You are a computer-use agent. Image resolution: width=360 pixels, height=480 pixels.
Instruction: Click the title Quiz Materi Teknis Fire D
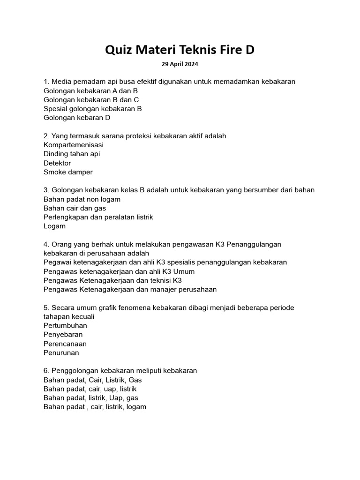(180, 49)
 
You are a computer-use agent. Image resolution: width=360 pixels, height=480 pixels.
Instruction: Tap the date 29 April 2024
(180, 64)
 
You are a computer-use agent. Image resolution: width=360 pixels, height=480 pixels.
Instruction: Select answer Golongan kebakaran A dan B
(90, 90)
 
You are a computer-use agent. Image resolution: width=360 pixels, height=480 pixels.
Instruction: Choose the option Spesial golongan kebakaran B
(92, 109)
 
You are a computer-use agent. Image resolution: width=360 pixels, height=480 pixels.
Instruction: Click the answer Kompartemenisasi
(74, 145)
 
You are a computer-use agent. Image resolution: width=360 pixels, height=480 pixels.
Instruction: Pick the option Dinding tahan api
(72, 154)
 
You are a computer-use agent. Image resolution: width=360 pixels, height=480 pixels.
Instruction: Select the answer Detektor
(57, 163)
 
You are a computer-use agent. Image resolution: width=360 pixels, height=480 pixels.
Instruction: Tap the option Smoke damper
(68, 172)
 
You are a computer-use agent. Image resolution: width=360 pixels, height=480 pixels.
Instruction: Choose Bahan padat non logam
(82, 199)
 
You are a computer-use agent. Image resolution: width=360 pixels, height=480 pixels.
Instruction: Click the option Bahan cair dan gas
(75, 208)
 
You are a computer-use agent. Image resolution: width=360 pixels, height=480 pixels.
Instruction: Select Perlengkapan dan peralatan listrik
(98, 217)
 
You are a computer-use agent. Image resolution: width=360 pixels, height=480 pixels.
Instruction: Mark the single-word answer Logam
(54, 226)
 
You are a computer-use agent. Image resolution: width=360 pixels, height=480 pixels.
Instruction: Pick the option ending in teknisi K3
(112, 280)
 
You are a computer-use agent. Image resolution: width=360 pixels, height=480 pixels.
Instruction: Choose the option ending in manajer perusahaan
(130, 289)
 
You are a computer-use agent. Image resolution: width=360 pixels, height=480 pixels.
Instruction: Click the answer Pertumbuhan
(65, 325)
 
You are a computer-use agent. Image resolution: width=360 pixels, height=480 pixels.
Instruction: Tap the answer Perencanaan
(65, 344)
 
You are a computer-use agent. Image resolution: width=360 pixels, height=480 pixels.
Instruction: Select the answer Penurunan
(61, 352)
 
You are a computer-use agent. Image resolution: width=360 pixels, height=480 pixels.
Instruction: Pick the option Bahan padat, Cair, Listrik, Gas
(92, 380)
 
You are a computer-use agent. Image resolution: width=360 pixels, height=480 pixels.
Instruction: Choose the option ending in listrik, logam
(95, 407)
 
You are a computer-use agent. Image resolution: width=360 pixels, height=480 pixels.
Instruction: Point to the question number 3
(46, 190)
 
